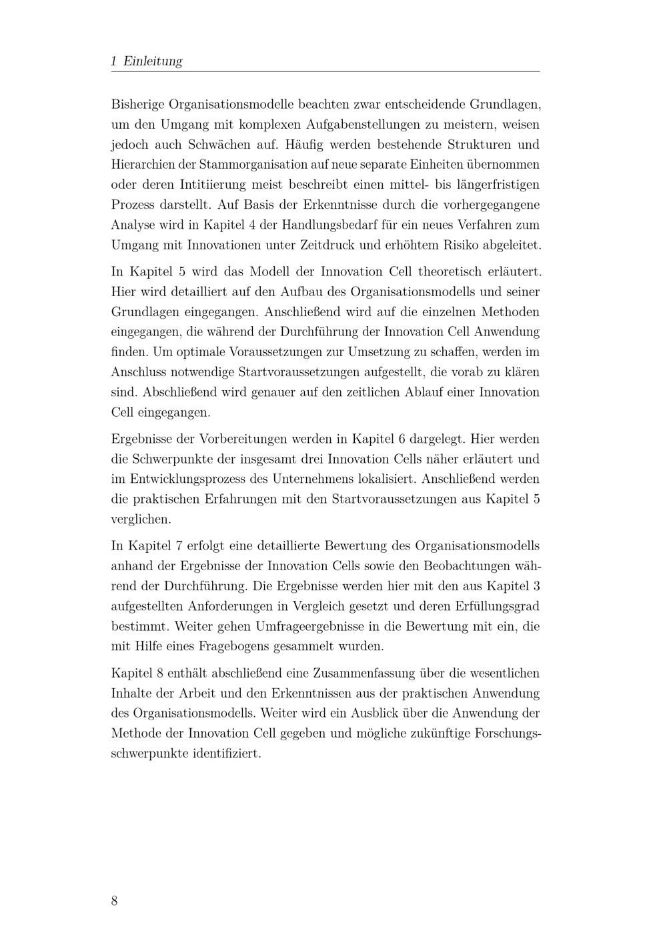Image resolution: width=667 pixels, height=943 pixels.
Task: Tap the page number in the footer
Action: click(115, 901)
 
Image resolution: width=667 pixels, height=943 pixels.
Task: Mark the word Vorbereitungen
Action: click(245, 439)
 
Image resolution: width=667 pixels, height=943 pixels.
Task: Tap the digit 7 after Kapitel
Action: click(179, 546)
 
